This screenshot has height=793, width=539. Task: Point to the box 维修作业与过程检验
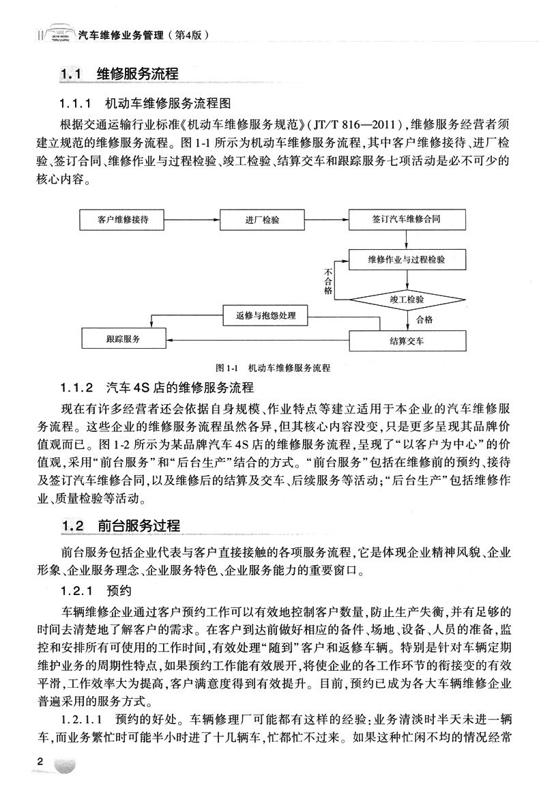click(407, 260)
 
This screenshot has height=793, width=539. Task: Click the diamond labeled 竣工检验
click(407, 299)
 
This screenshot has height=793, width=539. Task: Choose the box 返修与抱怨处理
click(266, 315)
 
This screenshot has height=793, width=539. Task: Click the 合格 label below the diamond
click(424, 319)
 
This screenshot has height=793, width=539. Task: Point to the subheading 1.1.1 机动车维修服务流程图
click(146, 104)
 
